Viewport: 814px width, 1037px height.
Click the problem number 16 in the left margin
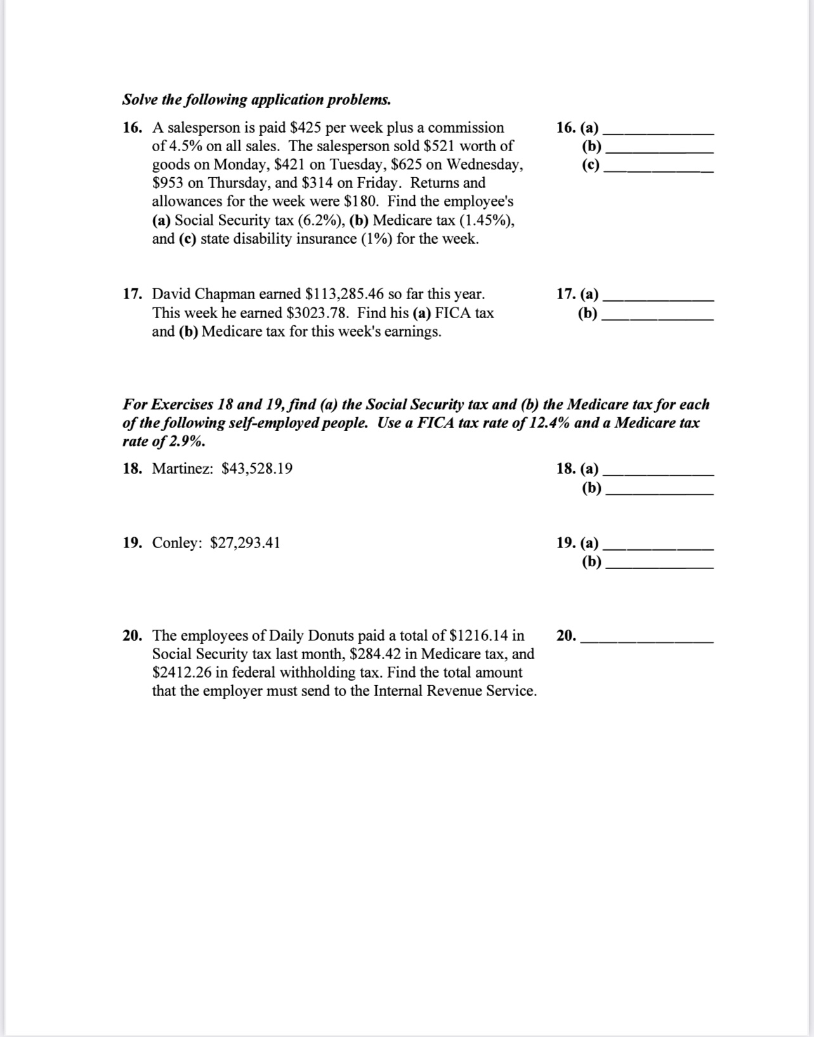pyautogui.click(x=131, y=128)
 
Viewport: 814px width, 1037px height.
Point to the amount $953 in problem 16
pyautogui.click(x=168, y=183)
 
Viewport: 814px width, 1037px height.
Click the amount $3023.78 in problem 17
pyautogui.click(x=318, y=313)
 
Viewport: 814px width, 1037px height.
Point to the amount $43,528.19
pyautogui.click(x=257, y=469)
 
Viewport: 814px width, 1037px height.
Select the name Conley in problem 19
pyautogui.click(x=176, y=543)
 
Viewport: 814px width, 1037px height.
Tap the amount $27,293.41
pyautogui.click(x=245, y=543)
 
